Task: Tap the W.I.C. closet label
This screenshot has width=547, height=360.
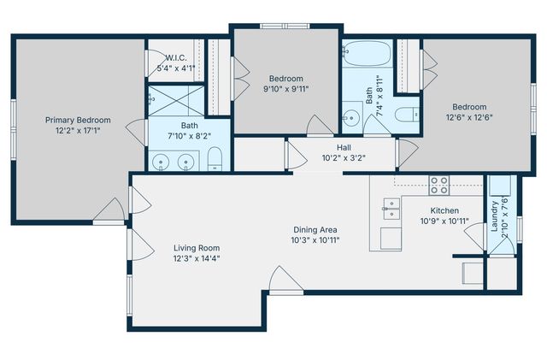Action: click(x=180, y=57)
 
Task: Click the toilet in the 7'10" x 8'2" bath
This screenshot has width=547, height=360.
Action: click(x=216, y=158)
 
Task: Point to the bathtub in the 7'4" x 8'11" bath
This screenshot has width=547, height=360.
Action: click(x=367, y=56)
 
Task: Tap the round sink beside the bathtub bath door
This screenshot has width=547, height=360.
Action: click(x=351, y=117)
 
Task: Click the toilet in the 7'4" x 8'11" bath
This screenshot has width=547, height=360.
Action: click(x=409, y=114)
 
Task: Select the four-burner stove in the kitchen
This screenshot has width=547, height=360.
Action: click(x=439, y=184)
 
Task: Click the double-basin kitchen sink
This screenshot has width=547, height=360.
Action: click(x=392, y=206)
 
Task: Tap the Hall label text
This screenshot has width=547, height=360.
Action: click(x=344, y=147)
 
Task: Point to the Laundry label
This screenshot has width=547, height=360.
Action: click(x=494, y=215)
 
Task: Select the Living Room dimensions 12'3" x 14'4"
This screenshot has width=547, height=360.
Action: click(x=196, y=258)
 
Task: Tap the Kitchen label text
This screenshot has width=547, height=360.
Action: click(x=444, y=210)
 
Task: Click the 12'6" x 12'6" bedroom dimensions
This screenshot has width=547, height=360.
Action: click(x=469, y=118)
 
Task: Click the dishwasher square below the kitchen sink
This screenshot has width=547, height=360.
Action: click(x=391, y=239)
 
